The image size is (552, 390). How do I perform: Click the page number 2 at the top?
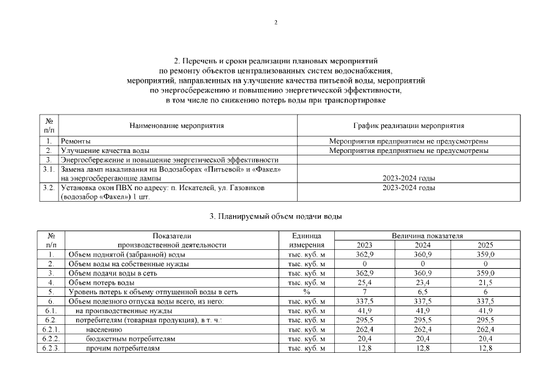(276, 23)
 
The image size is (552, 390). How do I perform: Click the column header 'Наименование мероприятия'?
(177, 126)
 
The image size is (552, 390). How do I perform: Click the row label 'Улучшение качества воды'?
(106, 150)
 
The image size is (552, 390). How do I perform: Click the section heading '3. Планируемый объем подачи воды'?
(276, 217)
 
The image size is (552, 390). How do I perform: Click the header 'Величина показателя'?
(427, 235)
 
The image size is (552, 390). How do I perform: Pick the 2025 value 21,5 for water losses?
(486, 283)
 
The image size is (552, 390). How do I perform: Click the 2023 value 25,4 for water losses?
(364, 283)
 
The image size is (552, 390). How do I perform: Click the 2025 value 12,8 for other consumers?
(486, 348)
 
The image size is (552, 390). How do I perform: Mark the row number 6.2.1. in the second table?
(51, 330)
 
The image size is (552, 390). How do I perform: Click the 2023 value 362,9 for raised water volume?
(364, 254)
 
